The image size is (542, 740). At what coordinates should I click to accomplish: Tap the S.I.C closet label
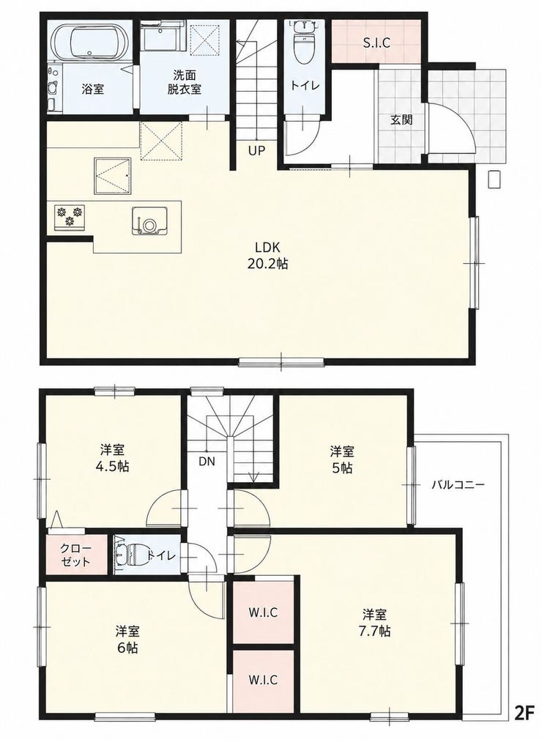coord(376,43)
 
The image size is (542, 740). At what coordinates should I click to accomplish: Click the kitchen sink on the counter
coord(149,221)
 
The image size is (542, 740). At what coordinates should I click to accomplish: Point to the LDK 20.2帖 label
coord(267,255)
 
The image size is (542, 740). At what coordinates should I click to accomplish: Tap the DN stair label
coord(207,462)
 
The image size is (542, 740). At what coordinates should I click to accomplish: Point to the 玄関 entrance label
coord(401,120)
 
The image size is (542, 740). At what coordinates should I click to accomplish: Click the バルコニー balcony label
coord(458,485)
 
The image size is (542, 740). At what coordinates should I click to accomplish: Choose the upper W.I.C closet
coord(263,613)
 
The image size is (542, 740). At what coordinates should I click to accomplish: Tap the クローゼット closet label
coord(75,555)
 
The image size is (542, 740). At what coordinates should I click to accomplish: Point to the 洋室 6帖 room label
coord(127,639)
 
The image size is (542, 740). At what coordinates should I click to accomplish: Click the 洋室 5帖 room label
coord(342,459)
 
